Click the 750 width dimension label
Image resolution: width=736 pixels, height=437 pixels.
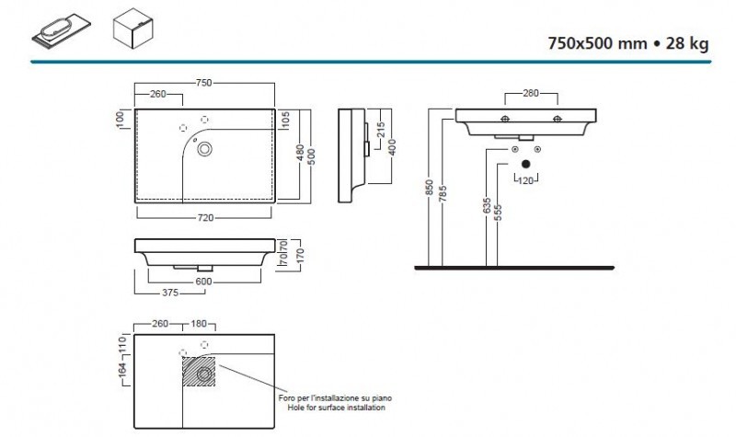203,83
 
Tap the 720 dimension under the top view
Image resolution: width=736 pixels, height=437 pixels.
205,218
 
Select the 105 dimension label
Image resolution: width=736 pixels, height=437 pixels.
286,121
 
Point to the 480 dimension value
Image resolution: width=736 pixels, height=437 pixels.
301,152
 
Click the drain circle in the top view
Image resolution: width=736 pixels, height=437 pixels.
204,149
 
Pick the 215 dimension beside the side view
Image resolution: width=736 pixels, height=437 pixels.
381,130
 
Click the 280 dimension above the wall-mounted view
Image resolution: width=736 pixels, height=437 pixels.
531,94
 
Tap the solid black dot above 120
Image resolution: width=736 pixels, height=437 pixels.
525,164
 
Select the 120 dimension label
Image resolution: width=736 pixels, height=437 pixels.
525,180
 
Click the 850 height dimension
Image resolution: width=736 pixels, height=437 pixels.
429,188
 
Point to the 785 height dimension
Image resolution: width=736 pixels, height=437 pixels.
443,194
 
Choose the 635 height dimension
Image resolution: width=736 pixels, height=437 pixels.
487,205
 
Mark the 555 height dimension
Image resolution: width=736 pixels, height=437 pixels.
498,213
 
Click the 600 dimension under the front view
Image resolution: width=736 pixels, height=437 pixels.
203,282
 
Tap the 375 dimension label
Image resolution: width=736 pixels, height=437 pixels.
170,293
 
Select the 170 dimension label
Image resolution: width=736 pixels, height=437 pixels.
301,256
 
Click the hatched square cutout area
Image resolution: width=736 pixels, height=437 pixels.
199,372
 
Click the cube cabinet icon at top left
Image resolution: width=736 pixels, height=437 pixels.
133,29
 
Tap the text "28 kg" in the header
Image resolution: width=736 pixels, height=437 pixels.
687,43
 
